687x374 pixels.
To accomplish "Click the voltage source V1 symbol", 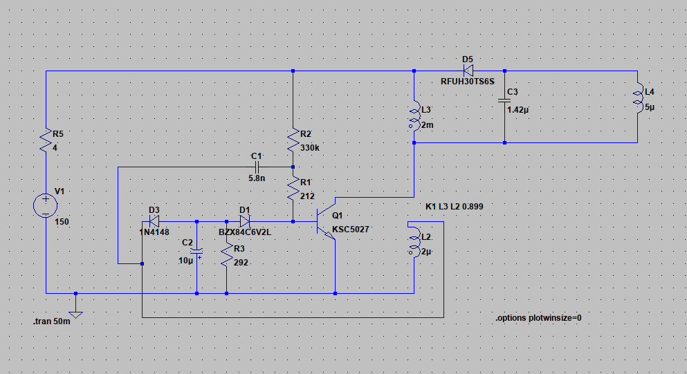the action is [46, 205].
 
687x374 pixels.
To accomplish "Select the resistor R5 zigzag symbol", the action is [46, 140].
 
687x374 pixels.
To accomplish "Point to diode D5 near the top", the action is [468, 71].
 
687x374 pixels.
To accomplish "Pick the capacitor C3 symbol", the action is [505, 101].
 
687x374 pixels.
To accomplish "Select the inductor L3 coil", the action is [414, 115].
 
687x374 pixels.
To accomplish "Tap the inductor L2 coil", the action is [414, 241].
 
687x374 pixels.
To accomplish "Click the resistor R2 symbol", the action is [293, 140].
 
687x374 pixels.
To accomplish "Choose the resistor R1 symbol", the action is [293, 189].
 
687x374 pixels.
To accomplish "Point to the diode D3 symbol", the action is [154, 221].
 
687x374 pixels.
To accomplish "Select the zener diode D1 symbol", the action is [245, 221].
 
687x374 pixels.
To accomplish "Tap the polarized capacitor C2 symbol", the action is [196, 252].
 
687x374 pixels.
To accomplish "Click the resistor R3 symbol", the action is [226, 255].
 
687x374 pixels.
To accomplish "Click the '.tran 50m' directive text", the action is [52, 321].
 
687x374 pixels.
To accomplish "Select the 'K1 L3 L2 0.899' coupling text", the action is [455, 206].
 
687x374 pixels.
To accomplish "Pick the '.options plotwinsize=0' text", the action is [538, 318].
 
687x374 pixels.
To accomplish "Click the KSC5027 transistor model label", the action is [351, 229].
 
